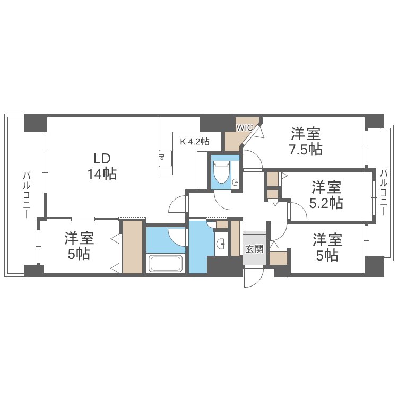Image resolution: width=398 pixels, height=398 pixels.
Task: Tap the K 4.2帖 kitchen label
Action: (x=195, y=142)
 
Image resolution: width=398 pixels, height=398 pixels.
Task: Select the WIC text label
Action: (x=245, y=127)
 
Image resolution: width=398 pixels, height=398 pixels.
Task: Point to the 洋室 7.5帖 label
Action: (x=306, y=141)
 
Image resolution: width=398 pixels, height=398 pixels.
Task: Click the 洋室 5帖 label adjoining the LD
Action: (x=78, y=246)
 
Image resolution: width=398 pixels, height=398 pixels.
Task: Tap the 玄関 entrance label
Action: (x=254, y=248)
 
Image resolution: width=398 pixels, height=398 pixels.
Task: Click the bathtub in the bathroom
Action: (x=166, y=263)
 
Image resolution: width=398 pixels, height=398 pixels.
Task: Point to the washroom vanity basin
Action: (x=220, y=244)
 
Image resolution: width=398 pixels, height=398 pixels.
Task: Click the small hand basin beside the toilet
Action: (x=235, y=183)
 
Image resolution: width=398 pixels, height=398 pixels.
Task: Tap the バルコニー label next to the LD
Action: (x=25, y=195)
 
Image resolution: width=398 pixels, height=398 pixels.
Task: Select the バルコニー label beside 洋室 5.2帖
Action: (x=383, y=192)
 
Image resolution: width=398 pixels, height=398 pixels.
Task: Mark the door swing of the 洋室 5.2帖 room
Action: (x=298, y=211)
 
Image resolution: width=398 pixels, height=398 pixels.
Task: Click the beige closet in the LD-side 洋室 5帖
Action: (x=133, y=247)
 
